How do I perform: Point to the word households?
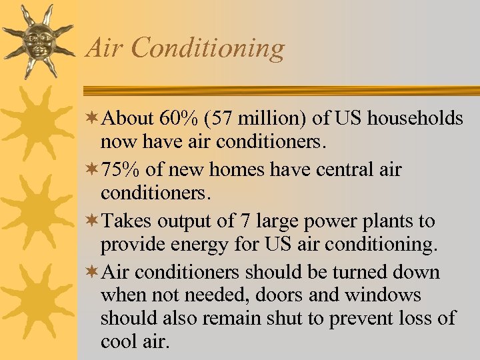pos(416,118)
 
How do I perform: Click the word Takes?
pos(127,221)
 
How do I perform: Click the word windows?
pos(383,295)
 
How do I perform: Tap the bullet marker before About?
pos(93,119)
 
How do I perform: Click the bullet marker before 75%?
pos(93,169)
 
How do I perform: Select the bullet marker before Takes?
pos(93,221)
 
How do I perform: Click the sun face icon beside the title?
pos(37,40)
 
